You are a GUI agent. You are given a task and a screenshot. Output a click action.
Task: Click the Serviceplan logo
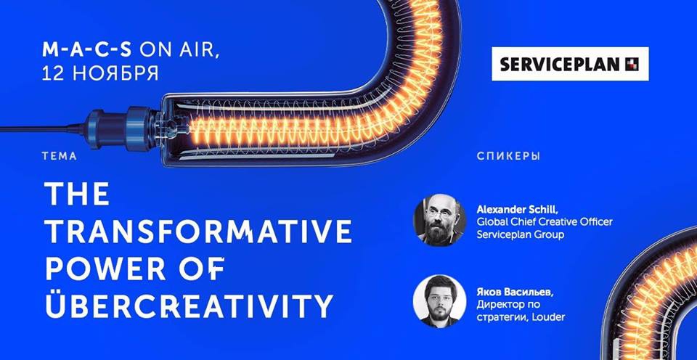[x=570, y=64]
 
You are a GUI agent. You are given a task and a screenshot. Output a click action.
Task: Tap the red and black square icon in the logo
[x=632, y=65]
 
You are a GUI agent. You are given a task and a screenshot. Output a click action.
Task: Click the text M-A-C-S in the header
[x=86, y=50]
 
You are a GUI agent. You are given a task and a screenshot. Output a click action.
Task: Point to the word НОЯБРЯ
[x=115, y=74]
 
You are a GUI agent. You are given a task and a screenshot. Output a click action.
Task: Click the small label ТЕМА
[x=60, y=157]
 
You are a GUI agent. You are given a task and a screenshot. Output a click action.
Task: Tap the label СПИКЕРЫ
[x=508, y=157]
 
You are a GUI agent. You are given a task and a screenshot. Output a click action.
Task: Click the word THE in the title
[x=77, y=194]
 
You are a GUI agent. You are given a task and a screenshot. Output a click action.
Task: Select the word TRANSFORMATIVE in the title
[x=199, y=231]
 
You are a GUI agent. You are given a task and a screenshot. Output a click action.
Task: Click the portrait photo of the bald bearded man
[x=440, y=220]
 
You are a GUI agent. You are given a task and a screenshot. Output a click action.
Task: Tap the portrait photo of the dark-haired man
[x=440, y=301]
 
